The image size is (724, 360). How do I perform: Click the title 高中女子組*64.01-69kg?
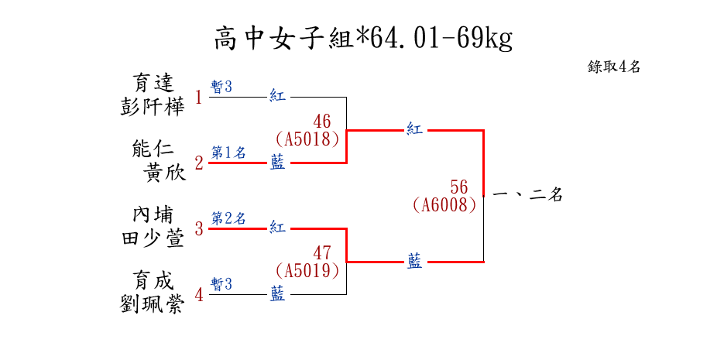[x=362, y=38]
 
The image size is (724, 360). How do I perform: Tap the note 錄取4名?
[x=613, y=67]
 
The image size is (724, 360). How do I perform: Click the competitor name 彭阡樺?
[x=153, y=105]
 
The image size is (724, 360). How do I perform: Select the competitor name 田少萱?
[x=153, y=238]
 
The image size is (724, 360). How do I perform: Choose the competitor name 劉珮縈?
[x=153, y=303]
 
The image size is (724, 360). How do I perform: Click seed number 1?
[x=199, y=98]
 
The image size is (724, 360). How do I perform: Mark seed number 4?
[x=199, y=295]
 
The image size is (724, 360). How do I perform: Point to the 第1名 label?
[x=228, y=153]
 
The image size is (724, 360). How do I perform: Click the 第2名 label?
[x=228, y=218]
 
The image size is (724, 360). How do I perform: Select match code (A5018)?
[x=308, y=139]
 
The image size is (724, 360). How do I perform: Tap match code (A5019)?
[x=308, y=271]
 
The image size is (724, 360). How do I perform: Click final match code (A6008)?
[x=444, y=205]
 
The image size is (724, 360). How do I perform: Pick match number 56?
[x=459, y=187]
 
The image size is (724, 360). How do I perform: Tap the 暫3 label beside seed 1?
[x=222, y=87]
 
